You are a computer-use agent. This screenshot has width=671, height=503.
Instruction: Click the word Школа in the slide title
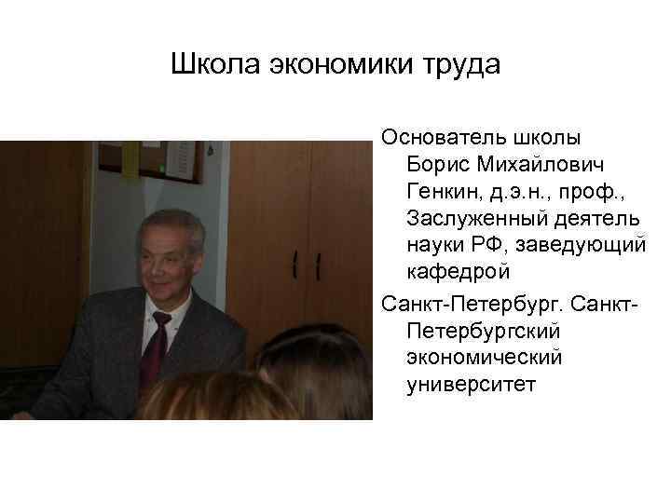coord(215,67)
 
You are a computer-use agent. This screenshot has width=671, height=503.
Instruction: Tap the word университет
coord(472,384)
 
